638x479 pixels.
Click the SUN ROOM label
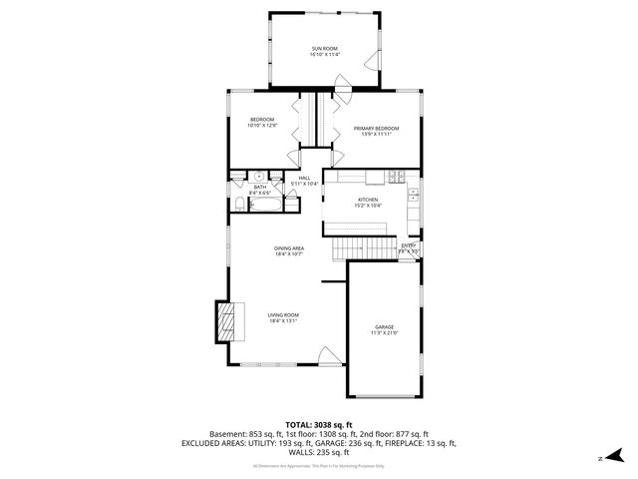click(x=325, y=48)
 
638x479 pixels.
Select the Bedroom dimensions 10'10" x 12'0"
click(x=261, y=126)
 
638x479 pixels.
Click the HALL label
click(x=304, y=178)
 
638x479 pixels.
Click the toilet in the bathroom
click(x=240, y=205)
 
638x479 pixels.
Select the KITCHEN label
click(x=368, y=200)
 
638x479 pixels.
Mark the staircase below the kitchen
click(x=358, y=248)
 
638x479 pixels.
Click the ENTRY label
click(x=409, y=244)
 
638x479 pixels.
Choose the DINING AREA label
click(x=289, y=247)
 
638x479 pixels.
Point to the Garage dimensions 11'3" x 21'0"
click(x=384, y=333)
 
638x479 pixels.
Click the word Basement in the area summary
click(x=228, y=434)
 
